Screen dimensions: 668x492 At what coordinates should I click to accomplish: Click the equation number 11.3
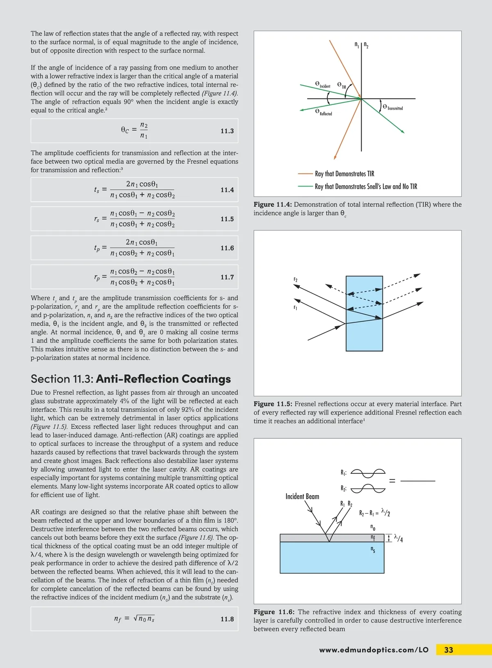click(x=227, y=131)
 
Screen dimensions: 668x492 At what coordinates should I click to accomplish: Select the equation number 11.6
click(x=227, y=248)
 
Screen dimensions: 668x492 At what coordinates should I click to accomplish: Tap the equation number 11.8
click(x=227, y=619)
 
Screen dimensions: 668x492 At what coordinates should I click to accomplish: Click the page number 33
click(x=449, y=650)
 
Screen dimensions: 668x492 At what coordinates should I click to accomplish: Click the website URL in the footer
click(x=374, y=650)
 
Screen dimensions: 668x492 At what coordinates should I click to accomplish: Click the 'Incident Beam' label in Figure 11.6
click(x=302, y=496)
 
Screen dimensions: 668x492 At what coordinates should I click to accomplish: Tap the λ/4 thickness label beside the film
click(x=398, y=538)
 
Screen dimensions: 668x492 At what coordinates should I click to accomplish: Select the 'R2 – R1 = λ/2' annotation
click(x=374, y=512)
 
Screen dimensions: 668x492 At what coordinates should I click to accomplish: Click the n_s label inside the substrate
click(x=373, y=550)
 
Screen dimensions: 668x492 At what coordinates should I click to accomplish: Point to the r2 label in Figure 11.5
click(x=295, y=280)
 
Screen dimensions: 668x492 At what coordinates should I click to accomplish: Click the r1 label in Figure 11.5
click(x=295, y=307)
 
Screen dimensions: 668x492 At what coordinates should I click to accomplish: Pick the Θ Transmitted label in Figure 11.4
click(x=392, y=107)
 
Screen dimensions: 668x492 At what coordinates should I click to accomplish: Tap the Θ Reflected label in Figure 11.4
click(x=323, y=112)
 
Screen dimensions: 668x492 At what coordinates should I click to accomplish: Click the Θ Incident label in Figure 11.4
click(x=323, y=84)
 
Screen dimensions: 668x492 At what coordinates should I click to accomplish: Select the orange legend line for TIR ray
click(x=305, y=174)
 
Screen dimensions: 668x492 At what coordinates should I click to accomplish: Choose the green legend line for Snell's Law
click(x=305, y=186)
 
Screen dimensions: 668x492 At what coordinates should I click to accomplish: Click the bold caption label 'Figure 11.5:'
click(x=273, y=404)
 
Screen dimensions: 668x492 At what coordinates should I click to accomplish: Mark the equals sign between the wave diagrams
click(x=392, y=481)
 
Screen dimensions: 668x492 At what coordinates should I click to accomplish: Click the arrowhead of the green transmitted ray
click(x=403, y=132)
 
